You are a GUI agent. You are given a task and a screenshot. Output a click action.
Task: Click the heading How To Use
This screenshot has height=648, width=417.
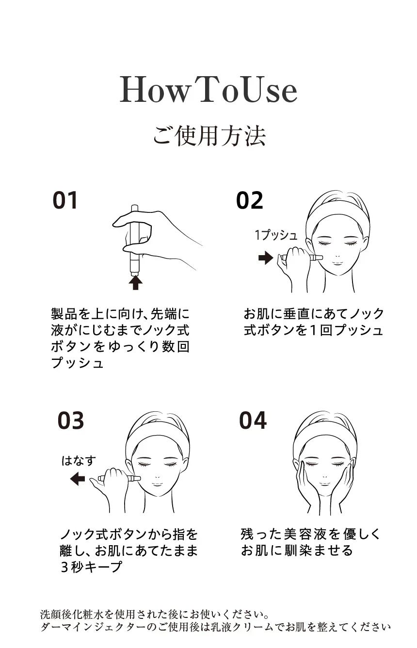[x=208, y=90]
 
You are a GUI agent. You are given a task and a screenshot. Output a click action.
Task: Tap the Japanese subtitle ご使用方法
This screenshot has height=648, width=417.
[x=209, y=135]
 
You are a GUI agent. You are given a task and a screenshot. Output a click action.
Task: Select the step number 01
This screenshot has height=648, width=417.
[x=65, y=200]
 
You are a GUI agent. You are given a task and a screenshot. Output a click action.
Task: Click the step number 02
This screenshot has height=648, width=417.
[x=250, y=200]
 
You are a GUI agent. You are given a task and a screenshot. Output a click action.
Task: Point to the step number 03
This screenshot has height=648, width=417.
[x=71, y=421]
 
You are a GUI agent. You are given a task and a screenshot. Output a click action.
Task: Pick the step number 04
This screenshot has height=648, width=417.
[x=253, y=420]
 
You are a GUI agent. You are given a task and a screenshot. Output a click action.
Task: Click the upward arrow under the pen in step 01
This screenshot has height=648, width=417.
[x=136, y=282]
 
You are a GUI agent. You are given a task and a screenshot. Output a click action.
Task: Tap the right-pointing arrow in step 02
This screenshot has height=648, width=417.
[x=265, y=258]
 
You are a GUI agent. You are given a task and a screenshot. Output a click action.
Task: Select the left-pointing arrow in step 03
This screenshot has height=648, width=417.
[x=78, y=479]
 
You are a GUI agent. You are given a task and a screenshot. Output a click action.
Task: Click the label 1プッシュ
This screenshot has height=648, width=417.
[x=276, y=236]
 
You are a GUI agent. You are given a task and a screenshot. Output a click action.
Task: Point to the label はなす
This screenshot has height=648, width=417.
[x=78, y=460]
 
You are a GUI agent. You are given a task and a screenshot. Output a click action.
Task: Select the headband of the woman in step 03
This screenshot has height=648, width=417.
[x=157, y=431]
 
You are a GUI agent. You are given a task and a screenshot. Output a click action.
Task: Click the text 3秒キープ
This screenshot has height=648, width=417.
[x=91, y=566]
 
